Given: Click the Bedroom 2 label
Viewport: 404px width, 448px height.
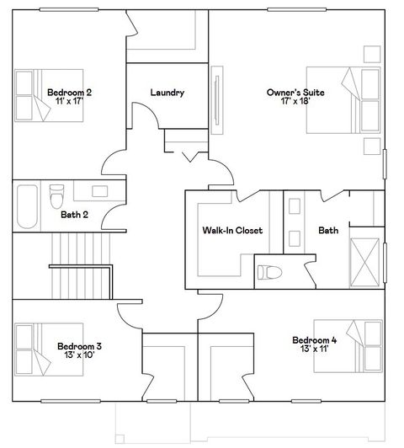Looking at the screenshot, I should tap(69, 92).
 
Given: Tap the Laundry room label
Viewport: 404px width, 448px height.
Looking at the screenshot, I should tap(167, 93).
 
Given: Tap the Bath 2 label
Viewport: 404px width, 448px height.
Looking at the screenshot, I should tap(74, 215).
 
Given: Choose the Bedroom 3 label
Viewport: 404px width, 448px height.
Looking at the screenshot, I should tap(80, 345).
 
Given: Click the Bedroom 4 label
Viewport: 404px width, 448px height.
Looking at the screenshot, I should tap(315, 340).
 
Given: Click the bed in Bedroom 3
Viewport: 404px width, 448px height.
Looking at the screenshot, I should tap(38, 349).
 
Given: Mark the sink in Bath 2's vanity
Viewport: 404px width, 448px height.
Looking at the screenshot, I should tap(100, 191).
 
